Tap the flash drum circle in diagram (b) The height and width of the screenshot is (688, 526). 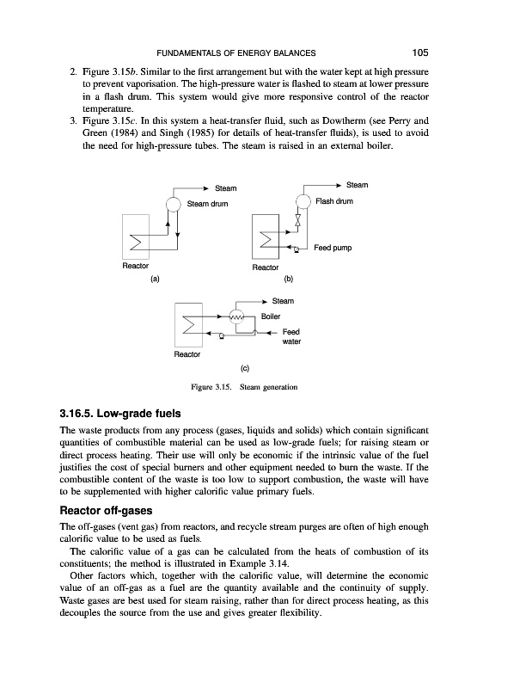[x=303, y=201]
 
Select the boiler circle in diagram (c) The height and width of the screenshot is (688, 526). [x=238, y=316]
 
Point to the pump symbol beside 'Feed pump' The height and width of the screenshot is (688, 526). [x=296, y=249]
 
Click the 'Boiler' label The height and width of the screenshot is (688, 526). [x=271, y=316]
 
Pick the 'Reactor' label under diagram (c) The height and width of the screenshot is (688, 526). [x=187, y=353]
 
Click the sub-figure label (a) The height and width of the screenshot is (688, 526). [x=156, y=279]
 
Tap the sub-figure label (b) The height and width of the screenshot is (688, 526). [x=289, y=279]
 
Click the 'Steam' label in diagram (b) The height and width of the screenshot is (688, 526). [x=357, y=183]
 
